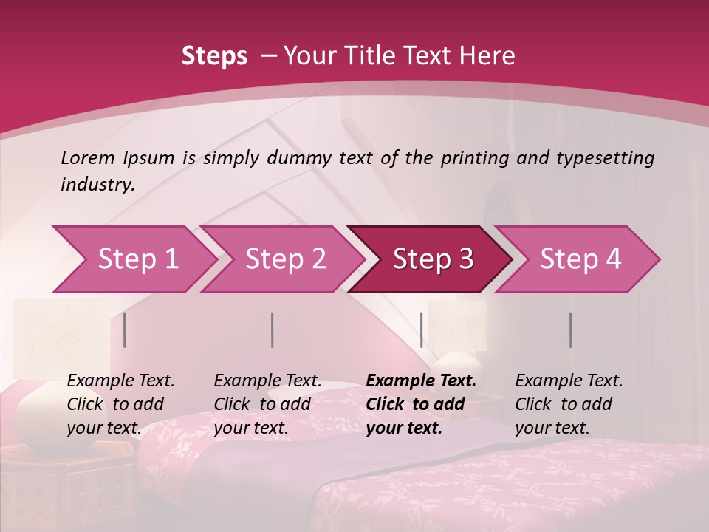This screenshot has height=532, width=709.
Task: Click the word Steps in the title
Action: click(x=214, y=56)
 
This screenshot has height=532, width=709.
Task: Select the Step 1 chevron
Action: click(x=137, y=259)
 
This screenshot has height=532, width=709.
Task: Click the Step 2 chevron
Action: click(x=285, y=259)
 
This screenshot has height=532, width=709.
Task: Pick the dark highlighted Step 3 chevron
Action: click(x=433, y=259)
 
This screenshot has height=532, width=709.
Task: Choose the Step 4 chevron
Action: click(x=580, y=259)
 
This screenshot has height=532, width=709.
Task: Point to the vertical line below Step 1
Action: click(x=125, y=330)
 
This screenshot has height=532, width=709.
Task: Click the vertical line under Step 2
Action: click(x=273, y=330)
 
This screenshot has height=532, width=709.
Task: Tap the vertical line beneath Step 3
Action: click(x=421, y=330)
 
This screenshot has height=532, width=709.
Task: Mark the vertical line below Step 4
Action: click(x=570, y=330)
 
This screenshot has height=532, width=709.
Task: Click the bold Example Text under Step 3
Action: click(x=421, y=404)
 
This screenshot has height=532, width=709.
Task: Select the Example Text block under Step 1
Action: click(x=120, y=404)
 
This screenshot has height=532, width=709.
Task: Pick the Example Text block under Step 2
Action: click(x=267, y=404)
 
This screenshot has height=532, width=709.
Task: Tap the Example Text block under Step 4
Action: click(x=569, y=404)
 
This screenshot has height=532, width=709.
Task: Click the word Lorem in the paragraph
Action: click(x=88, y=158)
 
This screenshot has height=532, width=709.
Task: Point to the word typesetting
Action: click(x=609, y=158)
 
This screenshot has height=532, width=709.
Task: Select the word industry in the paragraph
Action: click(x=97, y=185)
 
